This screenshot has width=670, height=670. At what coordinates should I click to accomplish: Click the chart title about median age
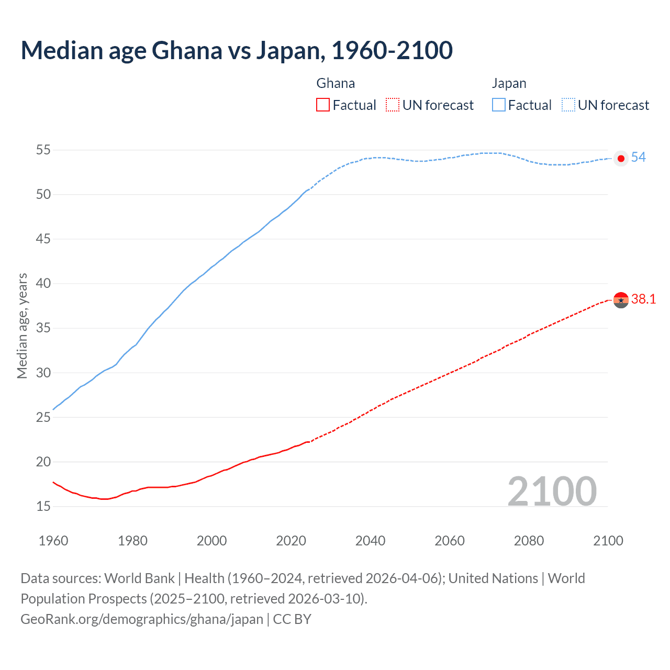tap(237, 51)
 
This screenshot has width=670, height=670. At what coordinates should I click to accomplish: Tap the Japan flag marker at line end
tap(621, 158)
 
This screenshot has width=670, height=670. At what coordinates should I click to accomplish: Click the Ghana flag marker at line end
tap(621, 300)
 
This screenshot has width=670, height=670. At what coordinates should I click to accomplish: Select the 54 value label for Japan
tap(638, 158)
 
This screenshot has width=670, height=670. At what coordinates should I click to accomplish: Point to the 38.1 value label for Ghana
tap(643, 299)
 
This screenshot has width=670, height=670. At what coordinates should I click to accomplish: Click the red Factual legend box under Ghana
tap(323, 105)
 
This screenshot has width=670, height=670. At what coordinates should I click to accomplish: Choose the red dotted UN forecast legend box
tap(393, 105)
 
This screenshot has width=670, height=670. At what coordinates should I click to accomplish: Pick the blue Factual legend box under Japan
tap(498, 105)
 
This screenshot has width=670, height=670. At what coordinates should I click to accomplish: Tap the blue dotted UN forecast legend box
tap(568, 105)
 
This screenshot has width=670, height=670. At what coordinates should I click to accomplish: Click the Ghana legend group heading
tap(336, 84)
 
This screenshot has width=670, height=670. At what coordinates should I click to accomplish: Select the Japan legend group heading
tap(509, 84)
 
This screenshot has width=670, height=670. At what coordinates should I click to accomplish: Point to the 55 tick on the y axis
tap(43, 150)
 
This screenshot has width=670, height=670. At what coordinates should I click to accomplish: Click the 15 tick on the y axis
tap(43, 507)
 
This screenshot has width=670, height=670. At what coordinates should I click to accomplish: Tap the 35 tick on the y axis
tap(43, 329)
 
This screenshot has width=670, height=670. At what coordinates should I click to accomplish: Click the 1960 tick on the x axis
tap(53, 541)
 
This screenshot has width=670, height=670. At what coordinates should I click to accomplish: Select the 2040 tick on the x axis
tap(370, 541)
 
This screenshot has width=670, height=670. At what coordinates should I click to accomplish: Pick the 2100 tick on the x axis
tap(608, 541)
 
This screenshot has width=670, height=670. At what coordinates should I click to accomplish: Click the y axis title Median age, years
tap(22, 326)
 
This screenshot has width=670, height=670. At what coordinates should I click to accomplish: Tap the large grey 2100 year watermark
tap(552, 492)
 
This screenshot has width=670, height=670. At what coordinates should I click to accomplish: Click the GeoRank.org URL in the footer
tap(142, 619)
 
